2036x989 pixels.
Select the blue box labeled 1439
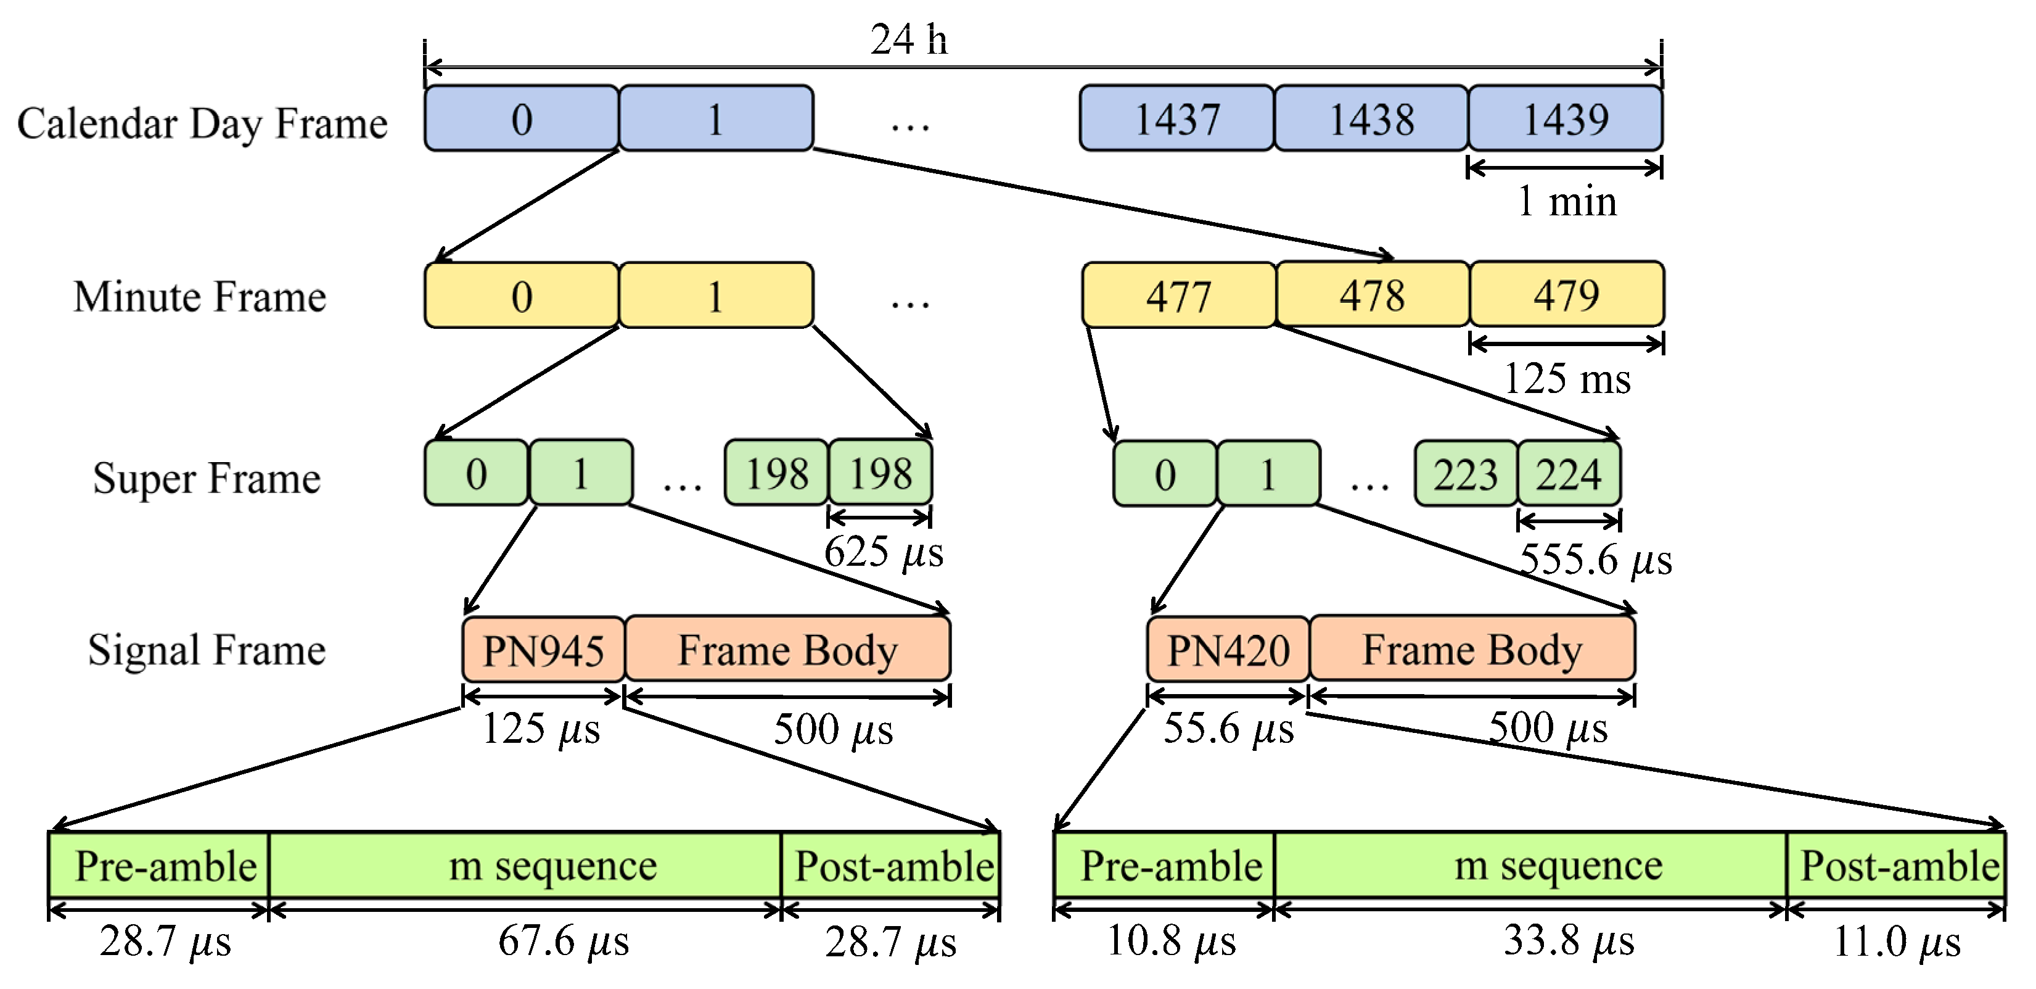click(1565, 118)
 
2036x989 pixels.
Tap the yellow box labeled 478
click(1372, 296)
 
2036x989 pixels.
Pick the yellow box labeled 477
click(1178, 296)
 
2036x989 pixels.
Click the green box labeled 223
click(1466, 474)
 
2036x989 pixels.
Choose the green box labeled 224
click(1569, 474)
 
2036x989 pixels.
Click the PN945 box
click(544, 650)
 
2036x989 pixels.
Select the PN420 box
click(1228, 650)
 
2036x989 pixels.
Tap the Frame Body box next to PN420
click(1472, 650)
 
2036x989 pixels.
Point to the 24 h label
click(909, 39)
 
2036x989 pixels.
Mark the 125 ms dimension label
click(1567, 379)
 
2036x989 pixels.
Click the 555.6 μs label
click(1595, 560)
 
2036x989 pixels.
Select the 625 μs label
click(884, 552)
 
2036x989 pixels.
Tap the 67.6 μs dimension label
click(563, 941)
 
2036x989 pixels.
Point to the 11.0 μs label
click(1896, 941)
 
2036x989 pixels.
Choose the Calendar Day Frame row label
click(202, 123)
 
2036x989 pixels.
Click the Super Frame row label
click(207, 478)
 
